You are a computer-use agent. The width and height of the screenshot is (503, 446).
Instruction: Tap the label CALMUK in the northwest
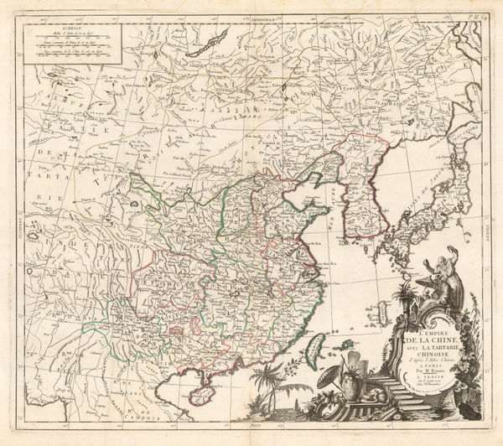[x=59, y=102]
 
